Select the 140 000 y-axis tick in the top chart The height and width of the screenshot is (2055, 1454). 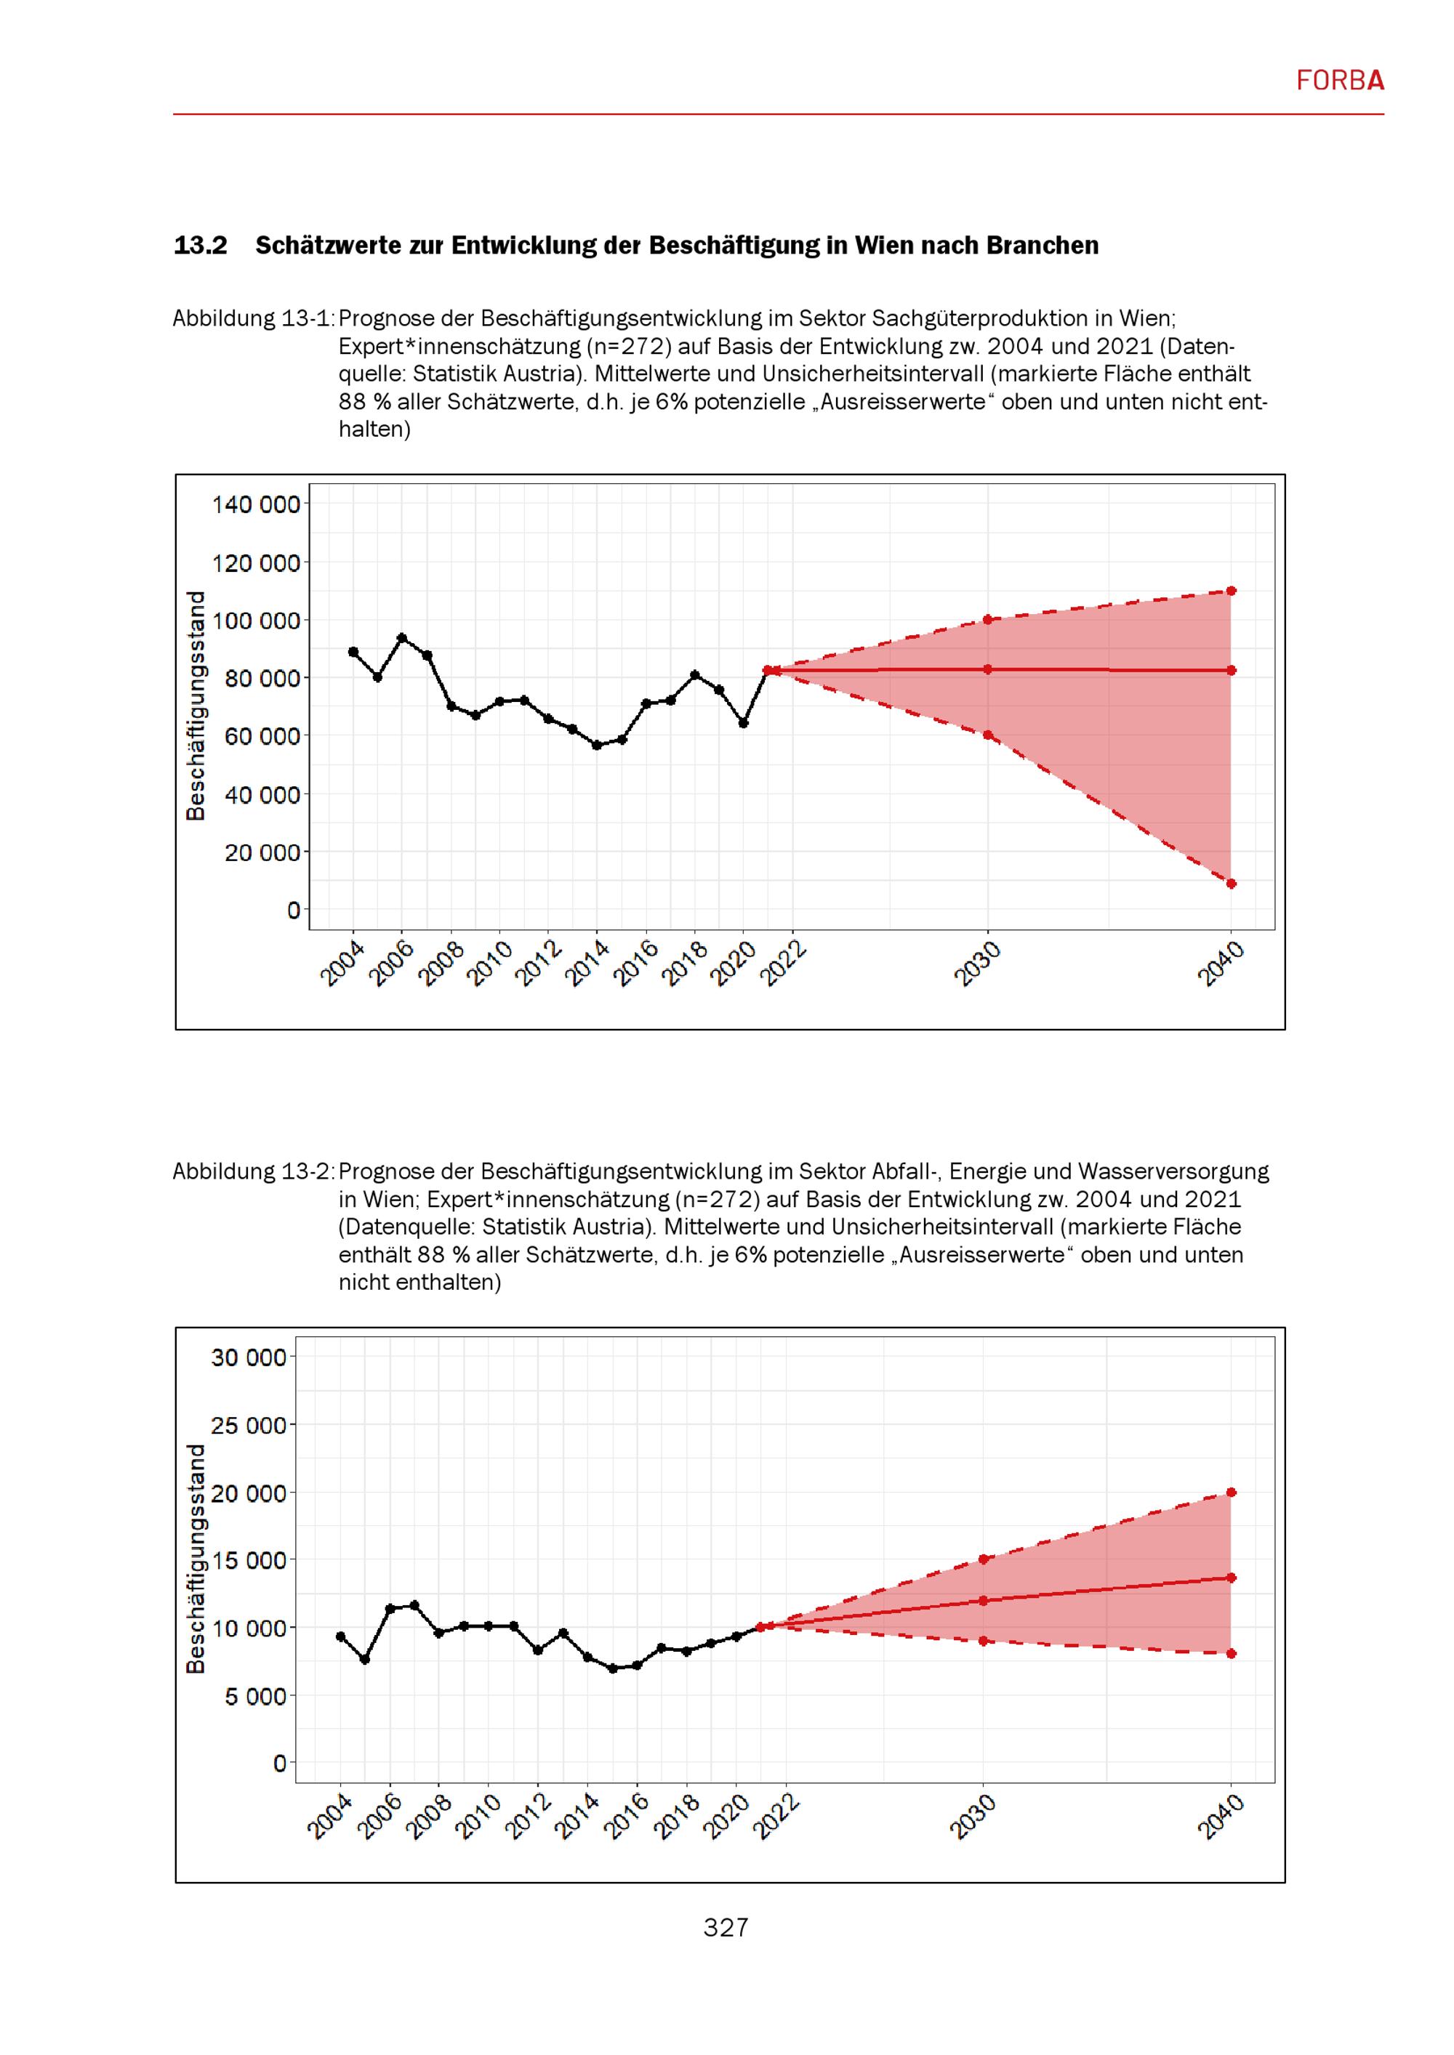[x=256, y=505]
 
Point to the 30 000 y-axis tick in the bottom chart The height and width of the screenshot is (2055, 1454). [x=249, y=1357]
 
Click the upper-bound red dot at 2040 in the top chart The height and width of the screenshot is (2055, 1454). [x=1231, y=591]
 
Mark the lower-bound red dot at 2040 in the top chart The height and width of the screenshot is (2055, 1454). [x=1231, y=884]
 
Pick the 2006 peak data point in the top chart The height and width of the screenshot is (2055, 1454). [x=402, y=638]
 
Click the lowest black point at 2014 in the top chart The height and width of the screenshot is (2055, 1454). [x=597, y=746]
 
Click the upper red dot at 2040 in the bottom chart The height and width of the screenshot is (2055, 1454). [x=1231, y=1492]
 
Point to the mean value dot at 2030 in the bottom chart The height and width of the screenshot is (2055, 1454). [x=983, y=1600]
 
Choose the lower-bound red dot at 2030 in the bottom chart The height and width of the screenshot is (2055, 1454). [x=983, y=1641]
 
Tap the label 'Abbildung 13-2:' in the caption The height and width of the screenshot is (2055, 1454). [x=254, y=1171]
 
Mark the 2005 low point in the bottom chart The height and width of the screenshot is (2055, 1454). [x=365, y=1660]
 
